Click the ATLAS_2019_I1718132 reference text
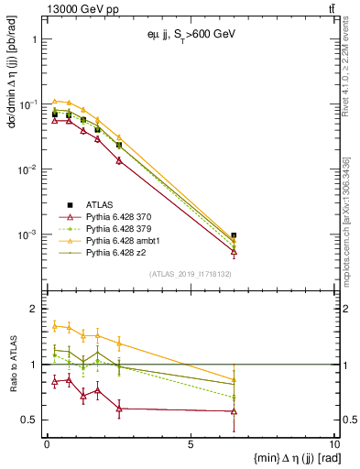pos(191,274)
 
